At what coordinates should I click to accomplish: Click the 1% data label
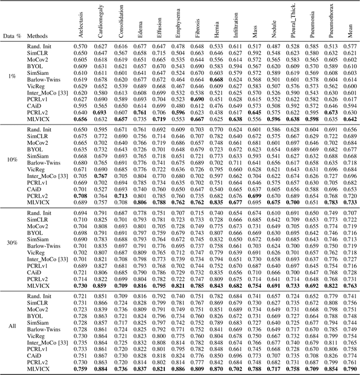click(x=12, y=76)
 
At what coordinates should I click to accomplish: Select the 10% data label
click(x=12, y=160)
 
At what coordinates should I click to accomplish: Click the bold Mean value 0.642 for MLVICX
click(x=350, y=119)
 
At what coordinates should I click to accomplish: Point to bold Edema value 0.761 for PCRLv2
click(x=139, y=112)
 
